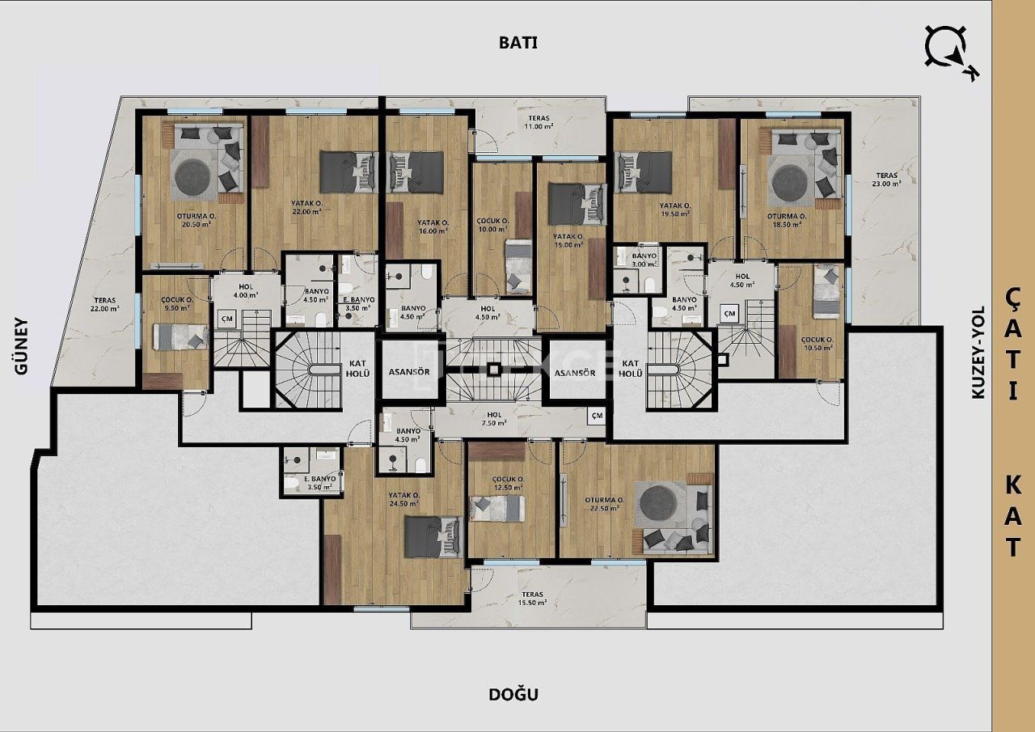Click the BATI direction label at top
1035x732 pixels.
click(517, 44)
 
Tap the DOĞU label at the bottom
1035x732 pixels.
click(513, 694)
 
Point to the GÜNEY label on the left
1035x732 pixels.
click(22, 346)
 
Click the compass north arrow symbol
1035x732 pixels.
click(950, 51)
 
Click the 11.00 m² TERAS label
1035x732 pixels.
click(539, 121)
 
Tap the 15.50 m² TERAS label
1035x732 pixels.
click(533, 599)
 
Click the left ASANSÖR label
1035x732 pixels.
click(409, 373)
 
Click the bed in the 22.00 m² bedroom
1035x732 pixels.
click(349, 171)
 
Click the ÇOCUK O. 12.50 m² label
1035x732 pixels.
click(509, 484)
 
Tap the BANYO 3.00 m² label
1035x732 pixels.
click(644, 260)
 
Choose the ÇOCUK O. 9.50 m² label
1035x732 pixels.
click(176, 303)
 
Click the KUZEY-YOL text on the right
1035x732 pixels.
click(978, 352)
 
